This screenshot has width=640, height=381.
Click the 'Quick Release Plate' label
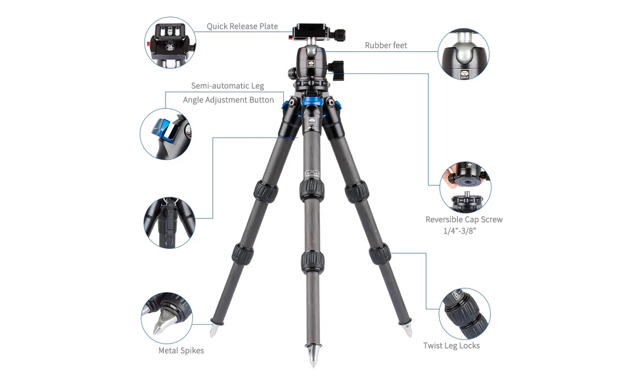pos(242,26)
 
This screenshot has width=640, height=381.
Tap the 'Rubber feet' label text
pos(386,45)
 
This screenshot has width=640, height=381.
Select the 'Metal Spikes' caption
pos(181,350)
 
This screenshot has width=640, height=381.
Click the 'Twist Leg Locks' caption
pos(452,346)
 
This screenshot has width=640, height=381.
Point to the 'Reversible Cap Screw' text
pos(464,220)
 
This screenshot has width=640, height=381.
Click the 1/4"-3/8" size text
pos(460,231)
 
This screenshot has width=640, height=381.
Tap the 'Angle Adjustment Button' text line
pos(229,100)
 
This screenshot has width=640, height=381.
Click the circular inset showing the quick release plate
pos(170,43)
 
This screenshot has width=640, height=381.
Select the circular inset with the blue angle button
pos(166,134)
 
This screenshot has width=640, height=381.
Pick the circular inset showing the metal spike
pos(167,318)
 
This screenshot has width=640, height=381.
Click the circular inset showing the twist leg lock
pos(465,314)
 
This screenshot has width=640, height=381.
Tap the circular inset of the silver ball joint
pos(464,54)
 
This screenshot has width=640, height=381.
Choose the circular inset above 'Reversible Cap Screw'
pos(465,187)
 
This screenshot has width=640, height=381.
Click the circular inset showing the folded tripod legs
pos(170,223)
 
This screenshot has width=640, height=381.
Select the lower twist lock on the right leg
pos(379,254)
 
